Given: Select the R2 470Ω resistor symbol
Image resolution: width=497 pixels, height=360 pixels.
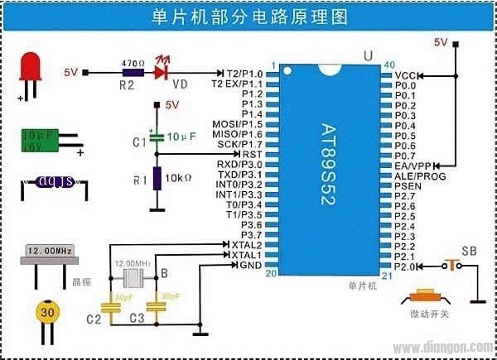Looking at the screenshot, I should click(x=129, y=72).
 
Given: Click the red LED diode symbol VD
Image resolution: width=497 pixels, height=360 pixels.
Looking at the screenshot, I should click(x=163, y=72).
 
